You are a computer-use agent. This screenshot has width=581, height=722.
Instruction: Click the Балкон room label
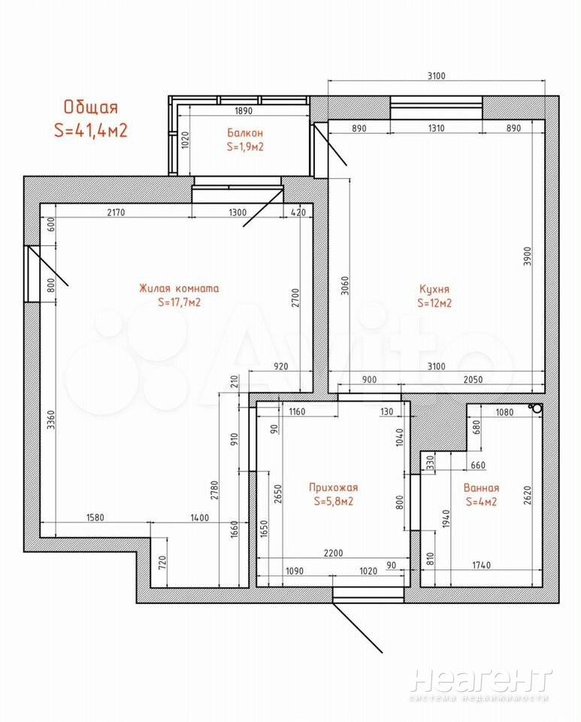pos(245,133)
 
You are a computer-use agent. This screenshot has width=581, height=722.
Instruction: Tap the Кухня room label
pos(434,289)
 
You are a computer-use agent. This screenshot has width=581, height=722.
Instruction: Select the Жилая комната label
pos(179,289)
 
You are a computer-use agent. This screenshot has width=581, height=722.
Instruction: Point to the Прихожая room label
pos(334,487)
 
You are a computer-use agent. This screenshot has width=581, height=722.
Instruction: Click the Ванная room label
pos(481,487)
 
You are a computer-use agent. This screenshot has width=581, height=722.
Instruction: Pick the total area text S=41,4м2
pos(91,130)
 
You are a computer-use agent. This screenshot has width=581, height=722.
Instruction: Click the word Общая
pos(91,107)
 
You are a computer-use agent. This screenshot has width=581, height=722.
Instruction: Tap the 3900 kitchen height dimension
pos(528,256)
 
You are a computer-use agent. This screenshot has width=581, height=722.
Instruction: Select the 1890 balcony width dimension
pos(244,111)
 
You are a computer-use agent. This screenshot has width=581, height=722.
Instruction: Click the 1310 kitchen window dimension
pos(436,128)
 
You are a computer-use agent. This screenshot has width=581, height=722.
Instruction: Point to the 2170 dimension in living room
pos(116,212)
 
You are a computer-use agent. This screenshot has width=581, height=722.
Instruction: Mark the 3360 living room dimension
pos(51,420)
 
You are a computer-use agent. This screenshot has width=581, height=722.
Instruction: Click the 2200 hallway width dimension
pos(333,553)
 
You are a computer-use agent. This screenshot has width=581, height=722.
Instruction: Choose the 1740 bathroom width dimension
pos(481,565)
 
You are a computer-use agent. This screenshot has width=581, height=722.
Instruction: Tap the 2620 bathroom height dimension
pos(527,495)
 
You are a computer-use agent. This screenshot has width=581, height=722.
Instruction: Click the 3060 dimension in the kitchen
pos(345,286)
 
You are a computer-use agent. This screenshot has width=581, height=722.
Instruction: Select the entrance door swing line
pos(358,627)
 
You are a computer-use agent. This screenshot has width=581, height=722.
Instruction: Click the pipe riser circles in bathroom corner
pos(536,408)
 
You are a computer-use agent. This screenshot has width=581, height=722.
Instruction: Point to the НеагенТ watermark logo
pos(481,681)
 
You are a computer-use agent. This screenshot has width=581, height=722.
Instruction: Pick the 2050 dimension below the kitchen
pos(473,379)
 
